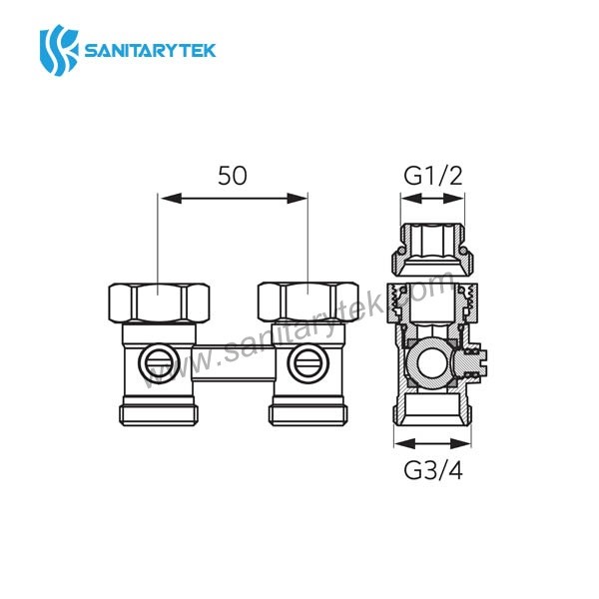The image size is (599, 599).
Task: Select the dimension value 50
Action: coord(232,176)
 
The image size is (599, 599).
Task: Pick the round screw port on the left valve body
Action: coord(158,359)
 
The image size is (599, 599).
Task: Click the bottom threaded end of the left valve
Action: coord(159,411)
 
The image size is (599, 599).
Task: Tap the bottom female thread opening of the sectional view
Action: coord(432,409)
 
